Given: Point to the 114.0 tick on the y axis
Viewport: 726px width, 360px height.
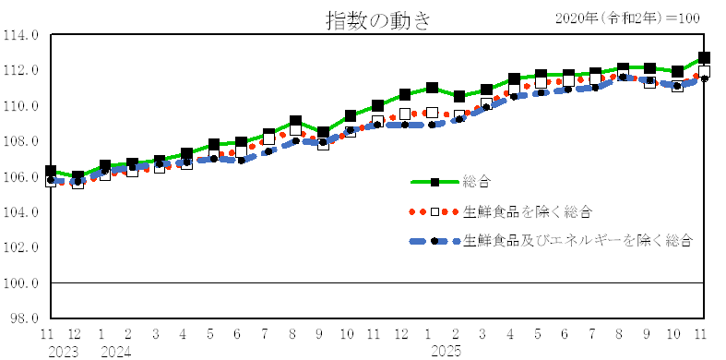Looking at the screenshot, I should [22, 35].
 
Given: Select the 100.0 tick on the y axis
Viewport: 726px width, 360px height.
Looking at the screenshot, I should [22, 283].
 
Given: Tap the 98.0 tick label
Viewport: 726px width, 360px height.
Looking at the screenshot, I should [24, 318].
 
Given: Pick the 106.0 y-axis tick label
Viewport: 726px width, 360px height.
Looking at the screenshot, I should [22, 177].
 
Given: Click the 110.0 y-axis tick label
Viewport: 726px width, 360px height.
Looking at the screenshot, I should [22, 106].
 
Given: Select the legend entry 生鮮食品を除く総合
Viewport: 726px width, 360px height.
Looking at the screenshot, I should [527, 211].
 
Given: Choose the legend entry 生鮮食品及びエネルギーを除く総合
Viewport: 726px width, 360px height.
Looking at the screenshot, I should [578, 241].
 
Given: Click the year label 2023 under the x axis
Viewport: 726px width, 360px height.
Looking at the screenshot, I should [61, 351].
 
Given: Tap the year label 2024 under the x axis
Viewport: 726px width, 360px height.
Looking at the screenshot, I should [114, 351].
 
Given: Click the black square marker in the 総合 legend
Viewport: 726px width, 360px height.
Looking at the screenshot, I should [434, 182].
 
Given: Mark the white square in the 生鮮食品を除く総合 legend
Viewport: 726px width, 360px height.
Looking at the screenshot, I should [434, 211].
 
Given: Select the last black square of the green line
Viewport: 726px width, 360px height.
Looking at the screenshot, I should [704, 57].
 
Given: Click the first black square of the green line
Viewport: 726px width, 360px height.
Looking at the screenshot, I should [50, 172].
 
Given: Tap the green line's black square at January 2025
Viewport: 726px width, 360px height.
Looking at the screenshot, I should [432, 88].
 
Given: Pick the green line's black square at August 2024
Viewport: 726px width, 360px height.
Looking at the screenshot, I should [295, 122].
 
